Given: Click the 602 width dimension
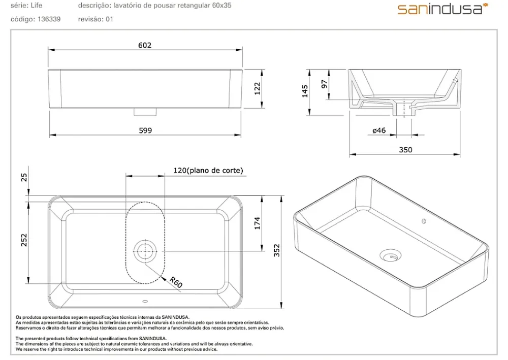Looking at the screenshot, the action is [x=145, y=45].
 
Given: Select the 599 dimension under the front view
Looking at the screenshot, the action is [x=145, y=130].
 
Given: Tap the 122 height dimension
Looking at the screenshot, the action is [x=257, y=88].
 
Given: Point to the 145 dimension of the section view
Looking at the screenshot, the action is [x=305, y=91].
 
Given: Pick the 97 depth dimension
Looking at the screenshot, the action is [x=324, y=84].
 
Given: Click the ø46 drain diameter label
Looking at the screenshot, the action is [x=379, y=130].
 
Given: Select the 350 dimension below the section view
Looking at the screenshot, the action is [x=405, y=150].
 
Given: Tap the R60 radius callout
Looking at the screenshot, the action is [x=176, y=282].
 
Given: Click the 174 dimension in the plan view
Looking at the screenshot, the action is [x=257, y=223].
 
